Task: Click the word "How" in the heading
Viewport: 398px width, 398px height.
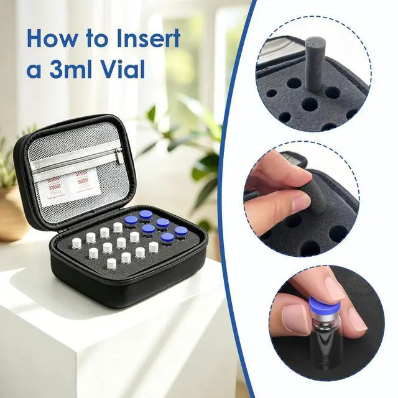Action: coord(52,38)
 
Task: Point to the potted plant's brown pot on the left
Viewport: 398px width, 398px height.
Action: coord(11,214)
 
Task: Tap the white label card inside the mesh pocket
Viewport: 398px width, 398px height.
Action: coord(69,187)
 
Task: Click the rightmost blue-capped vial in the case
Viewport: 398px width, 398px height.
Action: coord(181,233)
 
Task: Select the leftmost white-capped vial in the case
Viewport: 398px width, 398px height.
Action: coord(76,243)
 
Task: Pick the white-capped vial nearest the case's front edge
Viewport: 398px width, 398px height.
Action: coord(112,264)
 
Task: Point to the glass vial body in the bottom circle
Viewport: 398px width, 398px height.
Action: coord(321,343)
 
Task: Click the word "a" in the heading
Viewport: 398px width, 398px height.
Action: coord(34,72)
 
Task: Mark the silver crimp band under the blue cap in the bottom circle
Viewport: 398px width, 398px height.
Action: coord(321,317)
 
